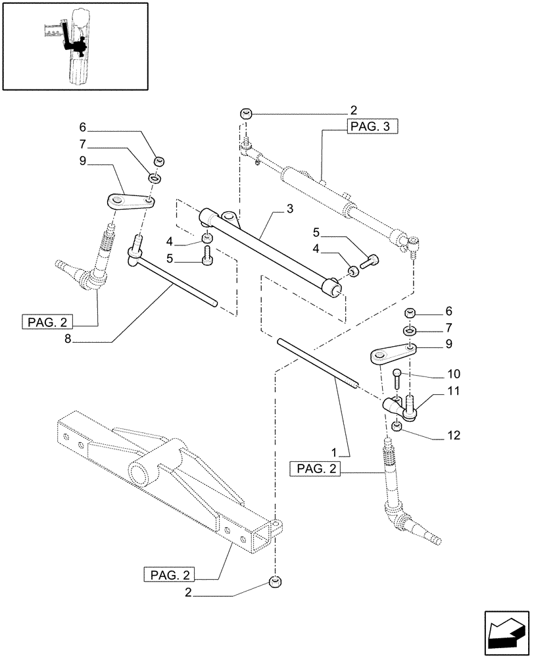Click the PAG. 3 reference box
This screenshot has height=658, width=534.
point(372,128)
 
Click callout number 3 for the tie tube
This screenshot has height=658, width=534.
point(289,209)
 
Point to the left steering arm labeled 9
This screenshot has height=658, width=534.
point(129,201)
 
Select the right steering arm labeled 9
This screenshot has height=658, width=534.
point(391,353)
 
